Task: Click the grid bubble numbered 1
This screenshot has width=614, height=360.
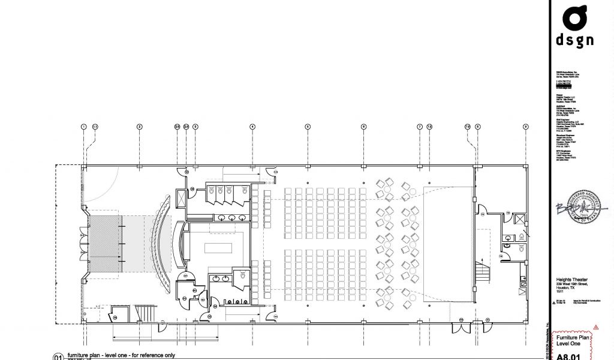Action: [84, 127]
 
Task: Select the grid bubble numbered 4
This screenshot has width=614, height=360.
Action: [252, 127]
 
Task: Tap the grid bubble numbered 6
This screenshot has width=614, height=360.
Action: [363, 127]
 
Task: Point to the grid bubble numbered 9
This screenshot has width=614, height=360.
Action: [526, 127]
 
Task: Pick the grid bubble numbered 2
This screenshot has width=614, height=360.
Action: [139, 127]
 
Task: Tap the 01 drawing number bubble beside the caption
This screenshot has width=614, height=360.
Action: [58, 356]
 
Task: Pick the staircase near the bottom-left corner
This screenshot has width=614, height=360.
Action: [143, 313]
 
